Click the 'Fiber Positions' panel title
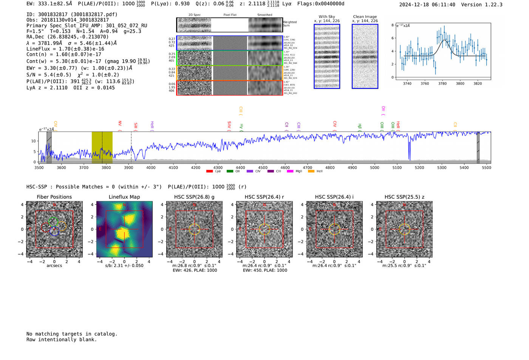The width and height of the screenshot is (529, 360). click(x=54, y=197)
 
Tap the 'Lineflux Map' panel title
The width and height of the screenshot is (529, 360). click(x=124, y=197)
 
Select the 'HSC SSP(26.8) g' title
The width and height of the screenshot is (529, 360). click(x=194, y=197)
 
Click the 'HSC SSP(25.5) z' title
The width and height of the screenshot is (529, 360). click(x=404, y=197)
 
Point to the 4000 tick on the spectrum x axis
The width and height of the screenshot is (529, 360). click(x=151, y=167)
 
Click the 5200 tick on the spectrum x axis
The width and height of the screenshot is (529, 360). click(x=419, y=167)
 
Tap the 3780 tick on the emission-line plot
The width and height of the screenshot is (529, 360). click(x=442, y=83)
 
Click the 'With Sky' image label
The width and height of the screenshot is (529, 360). click(x=327, y=17)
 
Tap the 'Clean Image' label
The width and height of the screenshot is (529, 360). click(x=365, y=17)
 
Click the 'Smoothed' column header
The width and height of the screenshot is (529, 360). click(x=264, y=15)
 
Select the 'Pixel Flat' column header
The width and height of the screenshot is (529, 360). click(x=230, y=15)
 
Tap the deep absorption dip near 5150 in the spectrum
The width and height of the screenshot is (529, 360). click(x=409, y=155)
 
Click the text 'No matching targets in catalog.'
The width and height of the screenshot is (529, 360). click(x=72, y=334)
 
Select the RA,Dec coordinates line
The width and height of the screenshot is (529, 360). click(x=67, y=37)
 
